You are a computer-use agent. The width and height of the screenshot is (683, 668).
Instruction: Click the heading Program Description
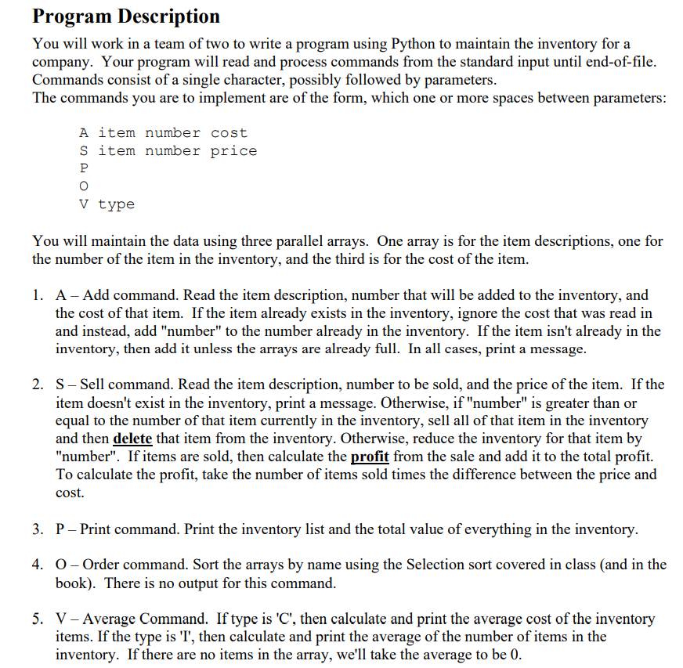click(x=126, y=16)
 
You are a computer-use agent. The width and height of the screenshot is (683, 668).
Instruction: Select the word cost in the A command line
click(x=229, y=133)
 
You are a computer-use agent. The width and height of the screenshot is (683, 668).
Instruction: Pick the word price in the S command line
click(x=233, y=150)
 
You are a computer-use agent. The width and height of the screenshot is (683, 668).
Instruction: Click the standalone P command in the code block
click(x=84, y=168)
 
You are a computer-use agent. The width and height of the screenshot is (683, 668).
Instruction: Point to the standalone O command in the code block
click(x=84, y=186)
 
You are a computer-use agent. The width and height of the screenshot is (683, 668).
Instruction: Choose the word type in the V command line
click(x=117, y=204)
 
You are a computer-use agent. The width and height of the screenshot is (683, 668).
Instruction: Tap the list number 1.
click(x=38, y=295)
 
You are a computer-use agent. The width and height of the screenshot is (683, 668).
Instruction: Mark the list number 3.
click(x=38, y=529)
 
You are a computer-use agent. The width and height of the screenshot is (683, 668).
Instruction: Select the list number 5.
click(x=38, y=619)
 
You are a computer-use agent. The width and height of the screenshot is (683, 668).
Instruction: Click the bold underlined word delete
click(x=132, y=439)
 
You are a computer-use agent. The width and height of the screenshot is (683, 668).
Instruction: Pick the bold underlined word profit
click(x=370, y=457)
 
